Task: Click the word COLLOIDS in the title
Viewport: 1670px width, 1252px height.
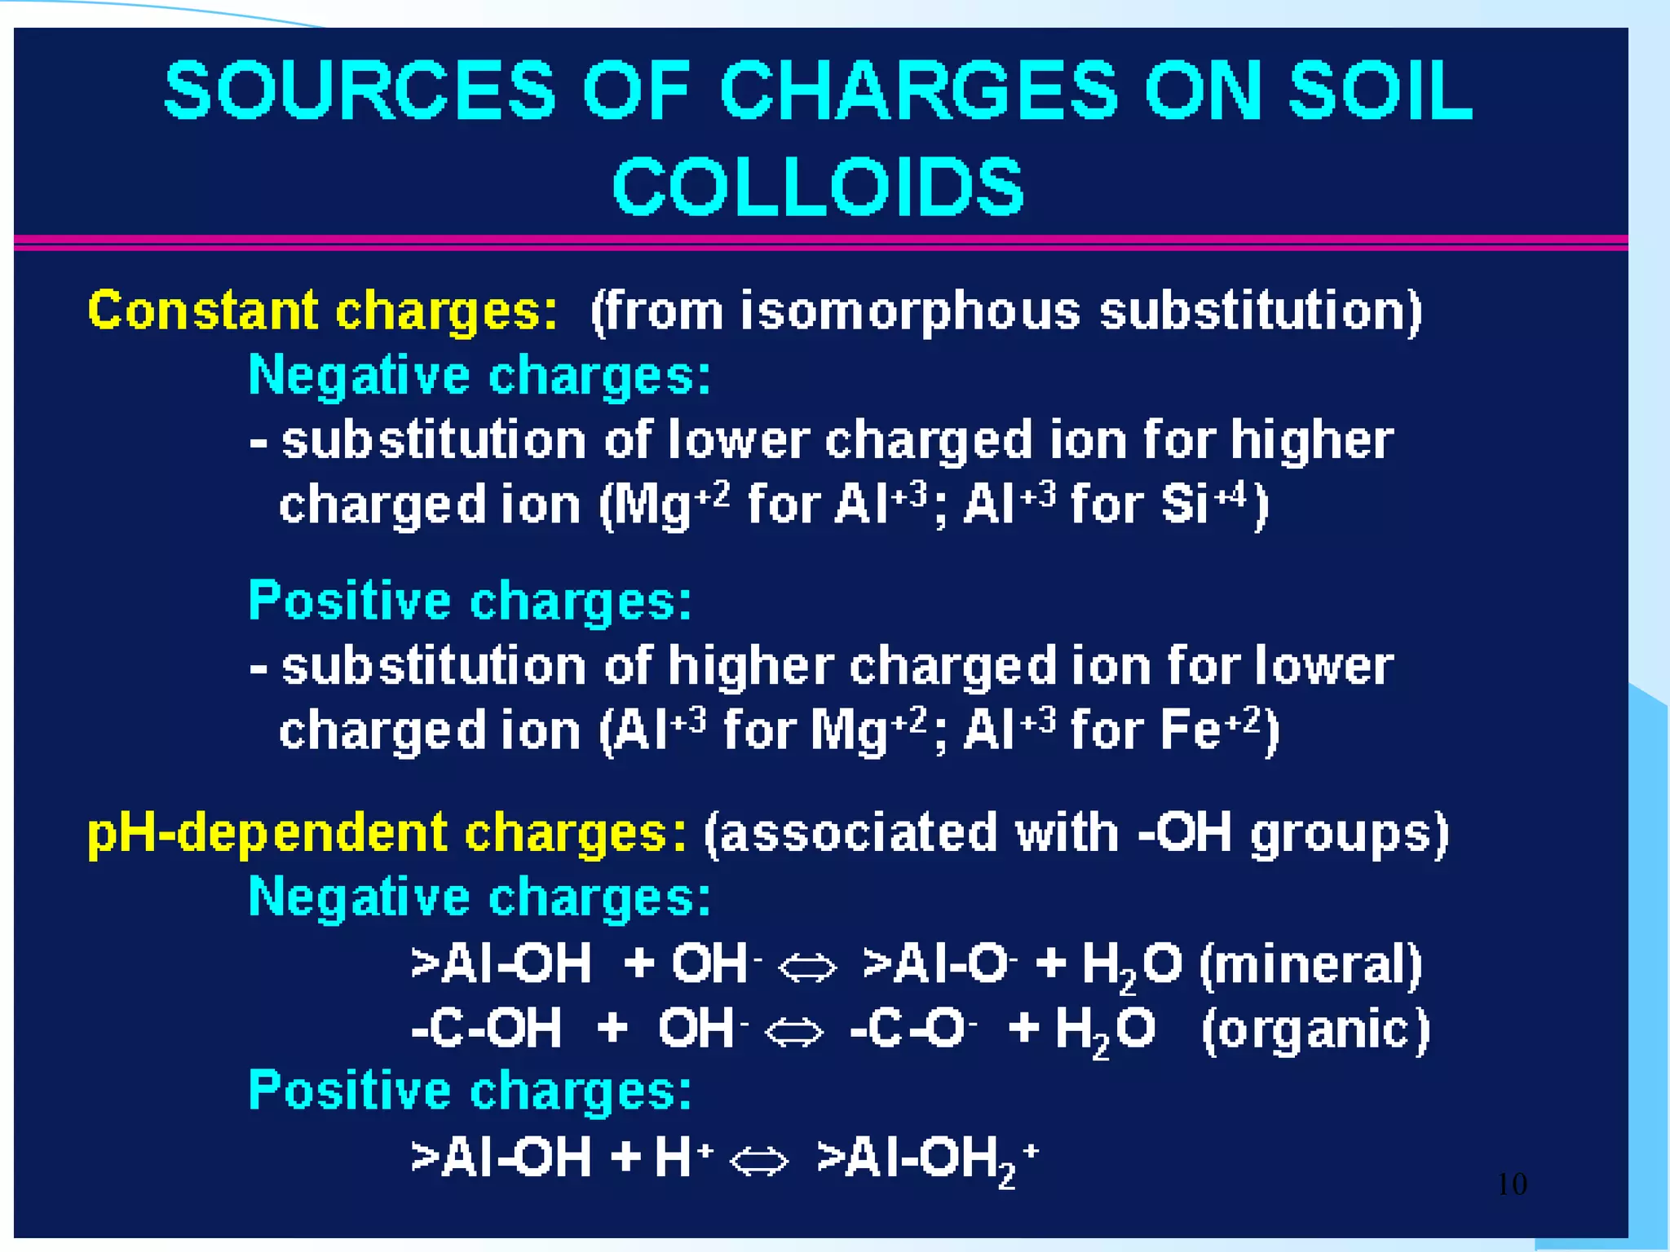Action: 818,187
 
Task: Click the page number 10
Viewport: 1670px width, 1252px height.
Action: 1512,1184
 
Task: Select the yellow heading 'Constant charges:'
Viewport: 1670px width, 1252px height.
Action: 323,311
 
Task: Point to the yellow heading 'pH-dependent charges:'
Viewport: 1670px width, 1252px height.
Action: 387,833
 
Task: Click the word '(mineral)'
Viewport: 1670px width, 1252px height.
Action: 1310,964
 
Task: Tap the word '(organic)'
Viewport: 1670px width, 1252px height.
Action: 1315,1029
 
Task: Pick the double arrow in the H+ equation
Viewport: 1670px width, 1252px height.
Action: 759,1161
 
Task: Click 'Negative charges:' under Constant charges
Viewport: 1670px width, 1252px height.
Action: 479,376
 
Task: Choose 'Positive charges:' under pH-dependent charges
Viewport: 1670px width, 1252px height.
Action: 470,1091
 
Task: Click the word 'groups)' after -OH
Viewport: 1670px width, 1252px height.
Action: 1350,833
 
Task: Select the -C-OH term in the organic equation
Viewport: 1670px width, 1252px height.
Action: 487,1028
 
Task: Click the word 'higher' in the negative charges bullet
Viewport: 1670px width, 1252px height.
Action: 1311,440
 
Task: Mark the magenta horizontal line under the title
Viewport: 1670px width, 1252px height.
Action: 820,242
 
